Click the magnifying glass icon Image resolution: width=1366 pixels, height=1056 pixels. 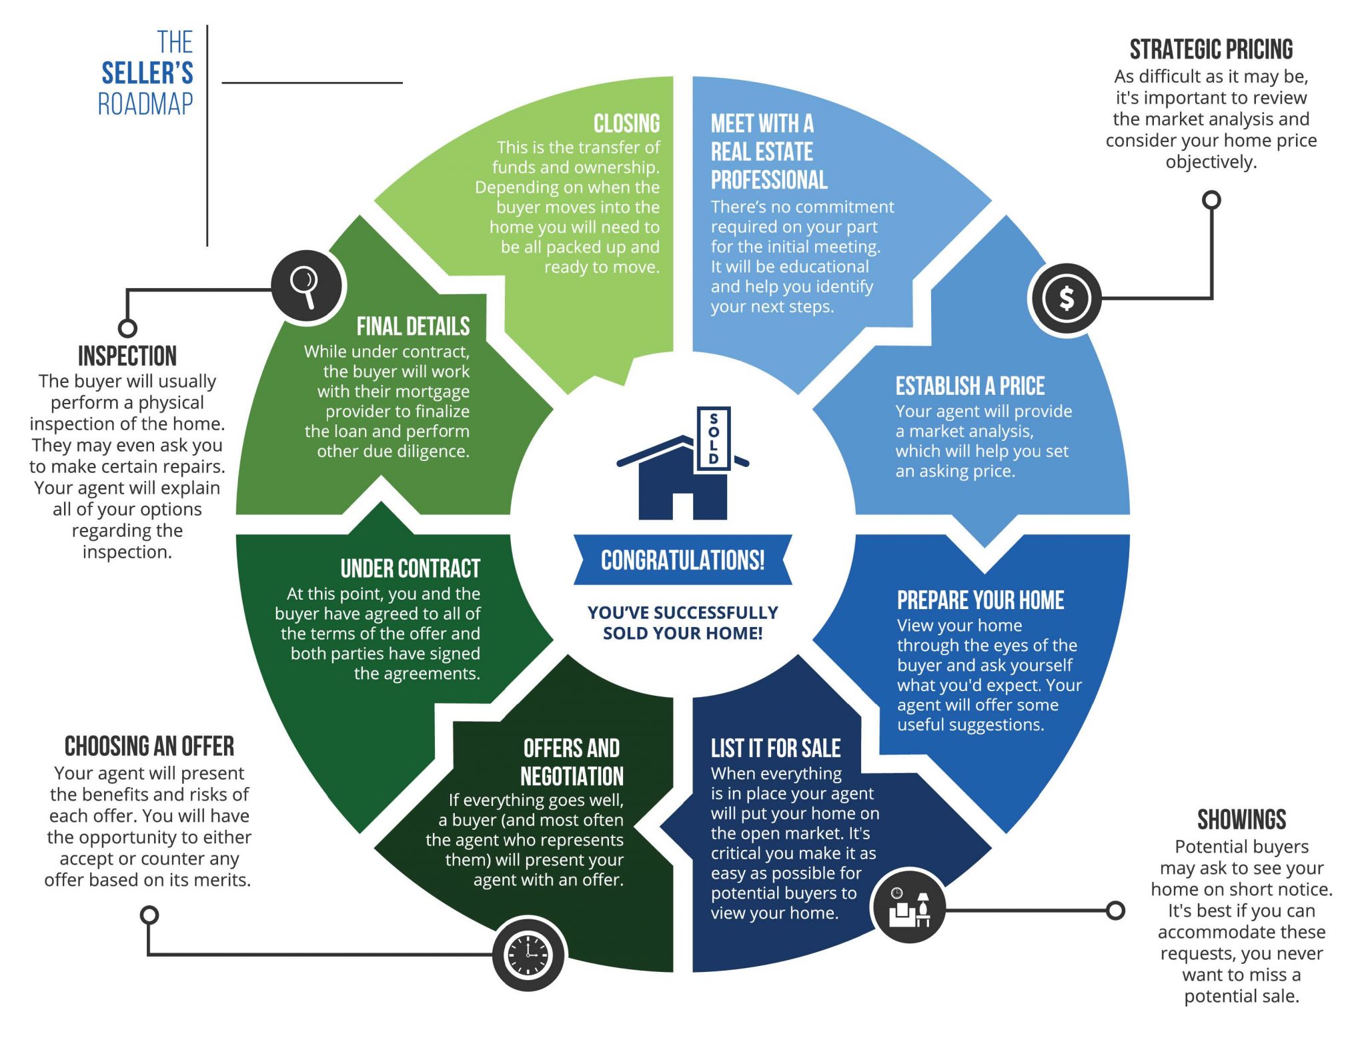[307, 287]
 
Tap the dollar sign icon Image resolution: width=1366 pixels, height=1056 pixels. [1065, 298]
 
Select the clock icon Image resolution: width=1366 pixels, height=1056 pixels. [528, 955]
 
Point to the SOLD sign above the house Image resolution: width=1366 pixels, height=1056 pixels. [714, 438]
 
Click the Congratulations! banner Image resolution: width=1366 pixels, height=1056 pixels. [682, 560]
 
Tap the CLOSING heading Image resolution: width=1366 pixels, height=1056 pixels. [626, 123]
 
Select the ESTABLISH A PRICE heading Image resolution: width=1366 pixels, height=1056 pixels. [970, 386]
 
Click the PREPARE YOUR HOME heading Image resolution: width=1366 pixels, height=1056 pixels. [980, 600]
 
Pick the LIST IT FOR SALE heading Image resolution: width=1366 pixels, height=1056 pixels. [775, 748]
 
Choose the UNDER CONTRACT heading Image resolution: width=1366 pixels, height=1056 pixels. [410, 569]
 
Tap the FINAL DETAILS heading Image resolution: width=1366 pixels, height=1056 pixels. [413, 327]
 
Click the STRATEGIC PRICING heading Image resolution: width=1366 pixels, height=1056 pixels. [1211, 50]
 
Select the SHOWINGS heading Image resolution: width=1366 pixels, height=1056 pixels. [1241, 819]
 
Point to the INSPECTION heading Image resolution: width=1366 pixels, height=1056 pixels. [127, 356]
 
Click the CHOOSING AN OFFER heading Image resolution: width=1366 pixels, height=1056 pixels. [149, 746]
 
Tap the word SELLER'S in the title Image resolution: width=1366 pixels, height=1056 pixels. [147, 73]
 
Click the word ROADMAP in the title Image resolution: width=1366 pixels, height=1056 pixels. [145, 104]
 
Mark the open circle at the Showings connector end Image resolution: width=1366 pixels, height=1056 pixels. [1115, 911]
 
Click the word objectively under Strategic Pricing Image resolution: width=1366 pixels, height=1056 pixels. [1211, 162]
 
